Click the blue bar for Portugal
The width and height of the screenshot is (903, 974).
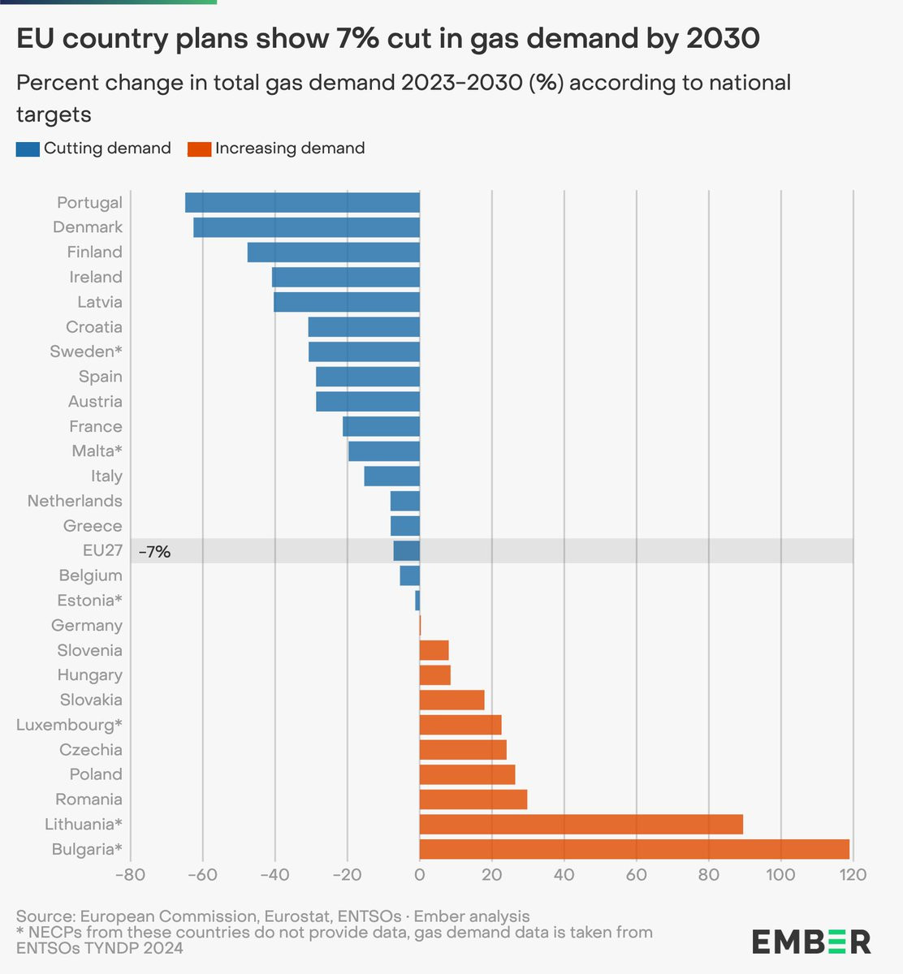(302, 203)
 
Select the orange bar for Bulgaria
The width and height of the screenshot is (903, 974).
(634, 849)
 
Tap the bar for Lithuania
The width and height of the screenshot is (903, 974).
(581, 825)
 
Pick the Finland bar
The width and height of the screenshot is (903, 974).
(334, 252)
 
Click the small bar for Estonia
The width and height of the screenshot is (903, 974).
(417, 601)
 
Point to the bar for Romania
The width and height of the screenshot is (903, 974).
(473, 799)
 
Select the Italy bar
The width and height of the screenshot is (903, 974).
(392, 476)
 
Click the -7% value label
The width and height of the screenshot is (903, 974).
(154, 552)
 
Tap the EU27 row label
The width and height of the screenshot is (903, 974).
(102, 551)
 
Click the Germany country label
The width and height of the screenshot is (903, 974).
(87, 626)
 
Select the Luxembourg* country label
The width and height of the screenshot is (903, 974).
(69, 725)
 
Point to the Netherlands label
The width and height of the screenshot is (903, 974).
(75, 501)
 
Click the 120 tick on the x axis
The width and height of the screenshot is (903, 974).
(852, 875)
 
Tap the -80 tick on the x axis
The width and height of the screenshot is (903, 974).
(130, 875)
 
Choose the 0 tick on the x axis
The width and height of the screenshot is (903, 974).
(420, 875)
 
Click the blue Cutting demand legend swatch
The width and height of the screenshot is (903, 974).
(28, 149)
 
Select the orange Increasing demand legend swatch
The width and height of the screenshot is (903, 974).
(199, 149)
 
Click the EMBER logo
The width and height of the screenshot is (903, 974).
(810, 942)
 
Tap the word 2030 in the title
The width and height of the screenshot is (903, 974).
(721, 38)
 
